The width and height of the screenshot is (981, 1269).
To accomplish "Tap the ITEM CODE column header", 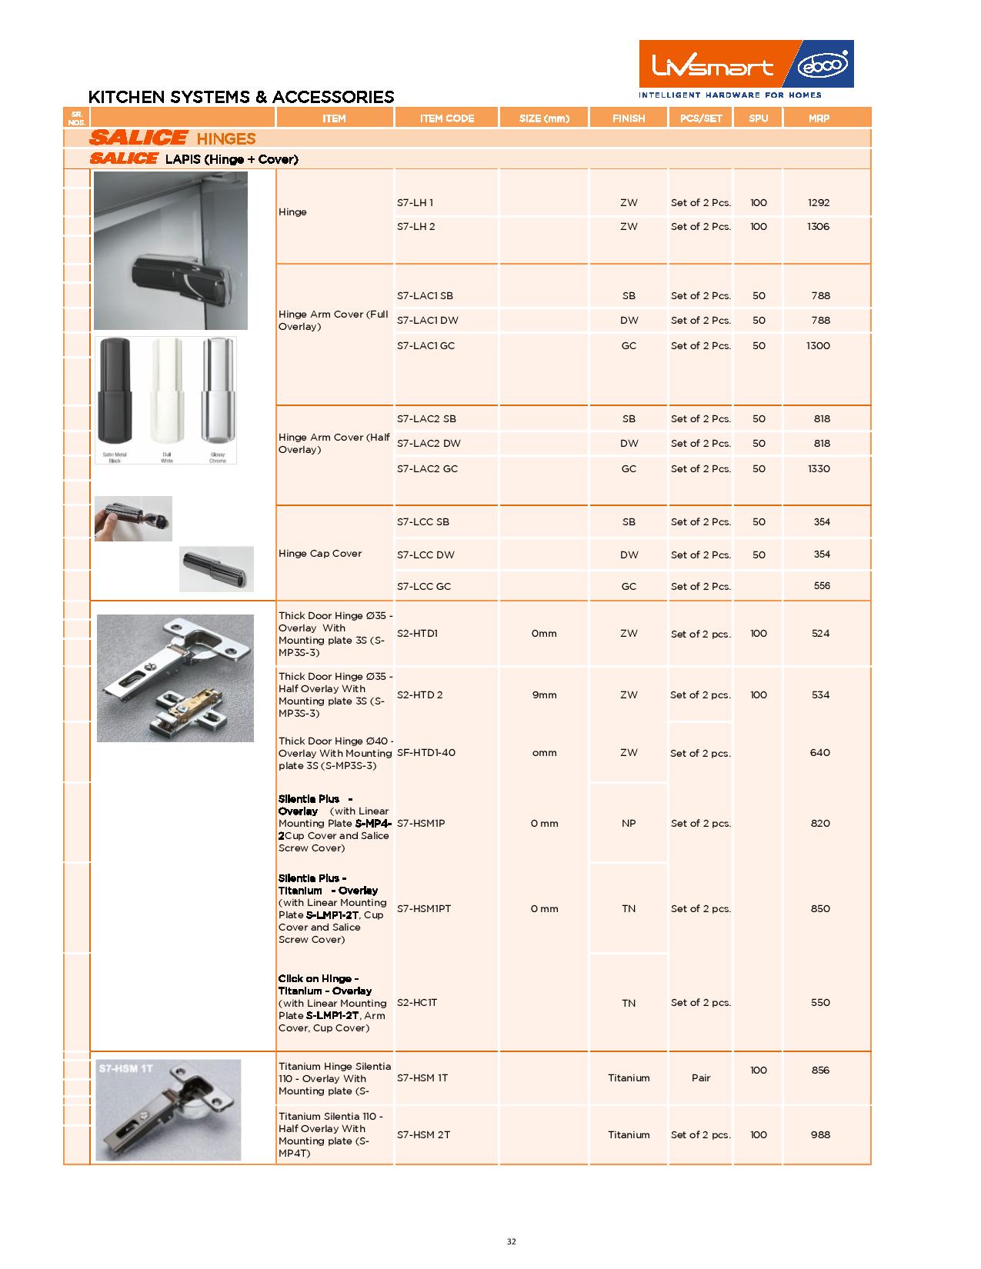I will [447, 118].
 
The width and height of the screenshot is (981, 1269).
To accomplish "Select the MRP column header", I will [819, 118].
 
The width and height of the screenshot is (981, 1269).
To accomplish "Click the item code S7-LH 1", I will [415, 203].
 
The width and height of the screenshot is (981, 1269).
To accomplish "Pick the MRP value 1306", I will [818, 227].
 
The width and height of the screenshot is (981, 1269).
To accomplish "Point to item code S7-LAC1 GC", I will [425, 346].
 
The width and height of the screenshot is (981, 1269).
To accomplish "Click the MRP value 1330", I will [819, 469].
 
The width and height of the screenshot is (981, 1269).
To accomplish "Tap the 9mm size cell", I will [544, 695].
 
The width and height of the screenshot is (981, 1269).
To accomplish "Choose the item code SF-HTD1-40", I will [426, 753].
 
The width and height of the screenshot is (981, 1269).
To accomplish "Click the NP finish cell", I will [629, 824].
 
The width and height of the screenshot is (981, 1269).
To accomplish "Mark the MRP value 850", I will [820, 909].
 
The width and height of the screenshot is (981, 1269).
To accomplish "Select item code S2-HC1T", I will [417, 1003].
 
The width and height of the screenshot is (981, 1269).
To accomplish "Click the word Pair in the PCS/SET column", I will [700, 1078].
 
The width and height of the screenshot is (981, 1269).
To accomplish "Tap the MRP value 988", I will [820, 1135].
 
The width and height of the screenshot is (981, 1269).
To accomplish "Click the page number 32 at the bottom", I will [512, 1241].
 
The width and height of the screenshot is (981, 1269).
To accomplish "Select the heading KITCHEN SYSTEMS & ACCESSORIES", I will [241, 97].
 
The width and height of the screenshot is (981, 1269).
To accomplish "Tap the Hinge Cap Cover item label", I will [320, 554].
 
